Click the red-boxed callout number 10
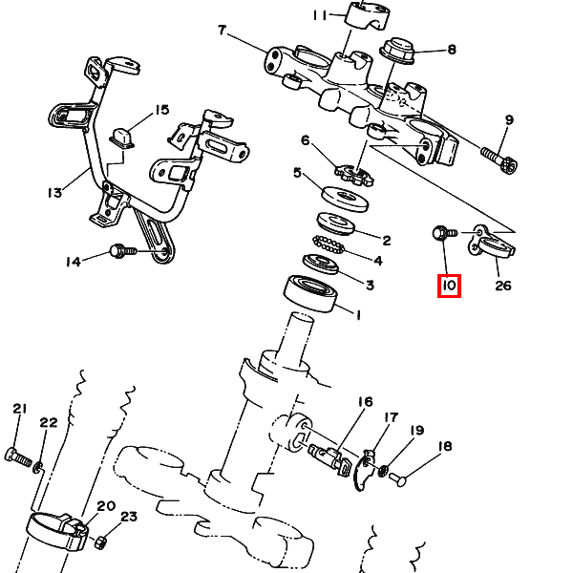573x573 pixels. [x=449, y=286]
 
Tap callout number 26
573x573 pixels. [x=503, y=286]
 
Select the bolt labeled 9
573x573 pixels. [x=499, y=160]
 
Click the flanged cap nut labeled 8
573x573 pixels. [x=397, y=51]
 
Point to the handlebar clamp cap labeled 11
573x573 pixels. [x=368, y=16]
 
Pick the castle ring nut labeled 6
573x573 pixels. [x=354, y=175]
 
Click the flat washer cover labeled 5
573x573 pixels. [x=345, y=200]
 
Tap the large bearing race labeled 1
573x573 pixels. [x=310, y=293]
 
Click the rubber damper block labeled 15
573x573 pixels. [x=121, y=138]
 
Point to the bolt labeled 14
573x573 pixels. [x=123, y=251]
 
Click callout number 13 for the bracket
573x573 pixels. [x=54, y=193]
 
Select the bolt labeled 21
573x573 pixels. [x=18, y=457]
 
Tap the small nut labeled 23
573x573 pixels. [x=100, y=541]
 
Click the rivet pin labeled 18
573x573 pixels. [x=397, y=479]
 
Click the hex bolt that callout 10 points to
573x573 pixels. [x=444, y=233]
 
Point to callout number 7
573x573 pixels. [x=222, y=31]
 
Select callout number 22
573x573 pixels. [x=49, y=423]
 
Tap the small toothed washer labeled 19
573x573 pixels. [x=383, y=470]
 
